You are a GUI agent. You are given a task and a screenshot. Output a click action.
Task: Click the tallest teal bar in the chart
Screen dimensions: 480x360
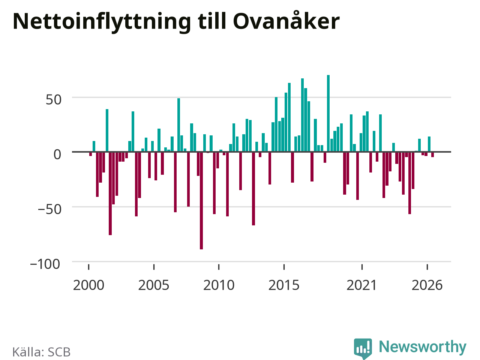click(328, 113)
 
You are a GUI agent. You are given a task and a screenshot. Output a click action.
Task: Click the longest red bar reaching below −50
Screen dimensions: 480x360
click(201, 200)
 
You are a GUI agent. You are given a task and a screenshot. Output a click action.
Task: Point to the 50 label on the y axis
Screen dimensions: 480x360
click(53, 100)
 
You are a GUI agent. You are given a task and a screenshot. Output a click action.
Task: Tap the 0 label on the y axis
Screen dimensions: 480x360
click(57, 155)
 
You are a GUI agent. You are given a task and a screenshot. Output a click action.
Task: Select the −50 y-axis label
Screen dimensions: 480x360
click(49, 209)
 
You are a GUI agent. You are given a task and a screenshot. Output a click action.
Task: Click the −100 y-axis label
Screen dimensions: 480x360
click(45, 264)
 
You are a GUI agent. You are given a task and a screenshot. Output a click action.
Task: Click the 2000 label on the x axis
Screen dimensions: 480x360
click(88, 285)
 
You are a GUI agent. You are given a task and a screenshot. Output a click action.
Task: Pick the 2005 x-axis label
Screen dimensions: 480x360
click(154, 285)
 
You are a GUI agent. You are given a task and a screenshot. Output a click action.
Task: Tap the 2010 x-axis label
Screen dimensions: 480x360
click(219, 285)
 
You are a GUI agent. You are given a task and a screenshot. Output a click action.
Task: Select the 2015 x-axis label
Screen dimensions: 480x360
click(284, 285)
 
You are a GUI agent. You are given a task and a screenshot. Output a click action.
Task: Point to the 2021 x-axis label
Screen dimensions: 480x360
click(362, 285)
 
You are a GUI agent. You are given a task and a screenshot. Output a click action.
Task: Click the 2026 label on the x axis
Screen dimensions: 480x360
click(427, 285)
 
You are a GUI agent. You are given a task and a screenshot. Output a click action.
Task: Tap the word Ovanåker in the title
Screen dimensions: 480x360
click(286, 20)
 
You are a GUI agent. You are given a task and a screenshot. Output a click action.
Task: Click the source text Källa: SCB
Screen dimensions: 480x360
click(41, 352)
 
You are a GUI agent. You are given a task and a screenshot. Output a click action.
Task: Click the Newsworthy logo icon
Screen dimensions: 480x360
click(363, 348)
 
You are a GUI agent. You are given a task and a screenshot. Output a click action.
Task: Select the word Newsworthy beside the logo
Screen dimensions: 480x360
click(423, 347)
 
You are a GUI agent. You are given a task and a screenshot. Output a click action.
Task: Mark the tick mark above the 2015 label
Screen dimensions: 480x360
click(284, 267)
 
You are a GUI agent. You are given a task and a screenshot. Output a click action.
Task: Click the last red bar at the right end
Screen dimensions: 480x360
click(432, 154)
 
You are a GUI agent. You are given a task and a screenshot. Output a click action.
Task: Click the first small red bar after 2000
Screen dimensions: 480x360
click(90, 154)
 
